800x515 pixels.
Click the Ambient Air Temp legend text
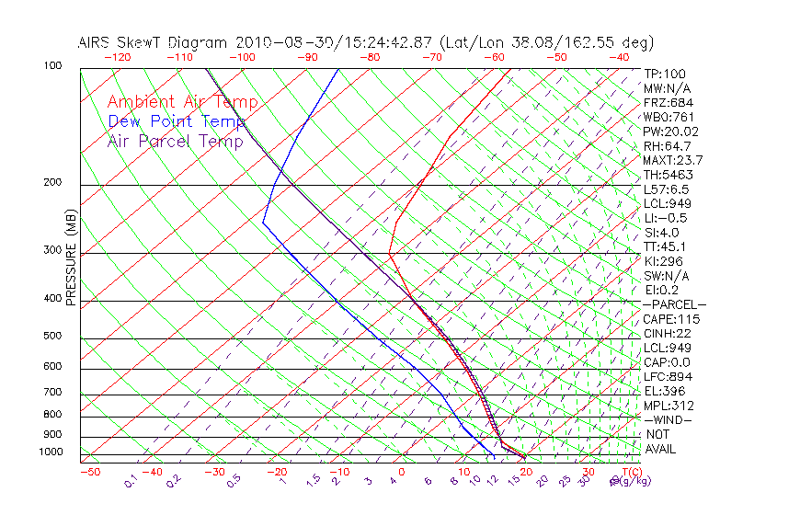pyautogui.click(x=183, y=102)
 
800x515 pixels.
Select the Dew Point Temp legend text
pyautogui.click(x=177, y=121)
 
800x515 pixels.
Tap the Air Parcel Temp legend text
pyautogui.click(x=175, y=141)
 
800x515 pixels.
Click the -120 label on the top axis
pyautogui.click(x=117, y=57)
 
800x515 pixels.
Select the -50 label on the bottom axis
pyautogui.click(x=89, y=472)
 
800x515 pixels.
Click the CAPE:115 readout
pyautogui.click(x=671, y=319)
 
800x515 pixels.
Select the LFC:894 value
pyautogui.click(x=669, y=377)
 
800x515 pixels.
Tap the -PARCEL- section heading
pyautogui.click(x=674, y=304)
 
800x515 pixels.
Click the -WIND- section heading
pyautogui.click(x=669, y=420)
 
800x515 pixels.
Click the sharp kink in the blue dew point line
pyautogui.click(x=263, y=222)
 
